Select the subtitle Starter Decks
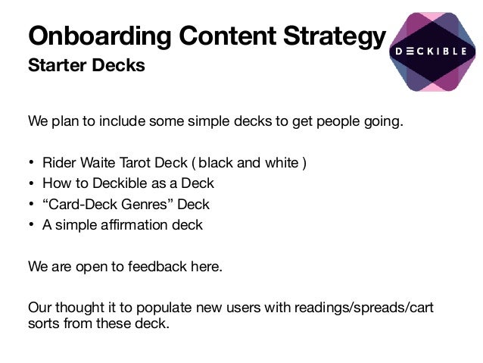click(86, 65)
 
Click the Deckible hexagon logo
click(432, 52)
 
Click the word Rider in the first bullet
click(59, 162)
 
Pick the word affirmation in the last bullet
click(136, 225)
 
